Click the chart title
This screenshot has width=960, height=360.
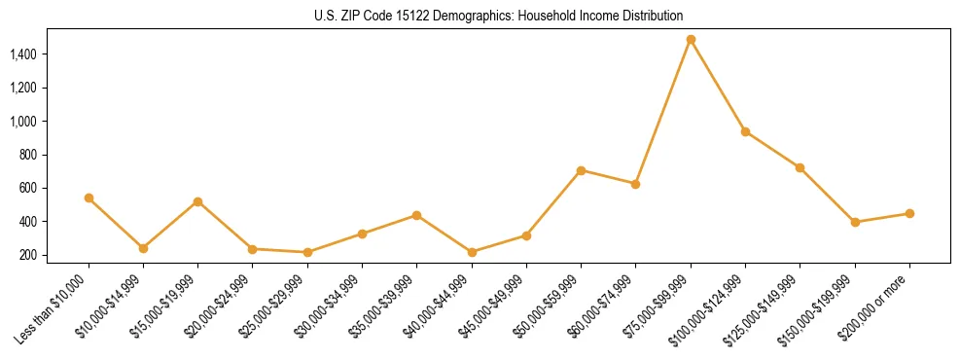coord(480,16)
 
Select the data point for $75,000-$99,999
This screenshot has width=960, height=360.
coord(691,40)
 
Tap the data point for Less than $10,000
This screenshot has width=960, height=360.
coord(89,198)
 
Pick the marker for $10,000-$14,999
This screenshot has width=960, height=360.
coord(143,248)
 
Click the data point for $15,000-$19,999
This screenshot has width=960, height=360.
coord(198,201)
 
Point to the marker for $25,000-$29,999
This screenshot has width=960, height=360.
coord(307,252)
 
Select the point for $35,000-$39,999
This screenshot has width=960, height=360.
coord(417,215)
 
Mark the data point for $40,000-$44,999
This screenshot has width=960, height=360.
coord(472,252)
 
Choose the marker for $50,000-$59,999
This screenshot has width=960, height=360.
coord(581,170)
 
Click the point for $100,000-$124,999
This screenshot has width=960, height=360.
coord(745,131)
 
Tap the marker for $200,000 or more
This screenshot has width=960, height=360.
coord(909,213)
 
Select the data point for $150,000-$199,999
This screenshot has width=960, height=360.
coord(855,222)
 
